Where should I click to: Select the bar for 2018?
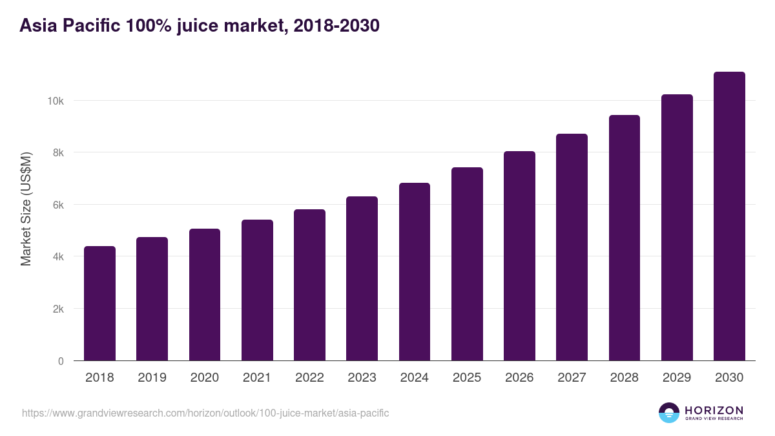99,304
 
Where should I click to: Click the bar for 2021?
257,291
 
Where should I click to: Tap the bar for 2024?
415,272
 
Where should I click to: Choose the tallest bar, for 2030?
729,216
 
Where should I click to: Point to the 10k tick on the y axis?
55,101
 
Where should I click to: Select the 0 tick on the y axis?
61,361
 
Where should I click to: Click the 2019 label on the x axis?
152,378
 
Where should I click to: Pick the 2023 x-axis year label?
362,378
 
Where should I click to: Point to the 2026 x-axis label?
519,378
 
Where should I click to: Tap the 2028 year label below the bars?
624,378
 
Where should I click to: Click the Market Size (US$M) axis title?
26,208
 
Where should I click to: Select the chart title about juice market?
199,26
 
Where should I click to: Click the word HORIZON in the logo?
714,410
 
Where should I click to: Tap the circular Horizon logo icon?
669,413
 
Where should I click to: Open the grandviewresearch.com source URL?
205,413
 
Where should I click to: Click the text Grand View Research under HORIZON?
714,419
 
